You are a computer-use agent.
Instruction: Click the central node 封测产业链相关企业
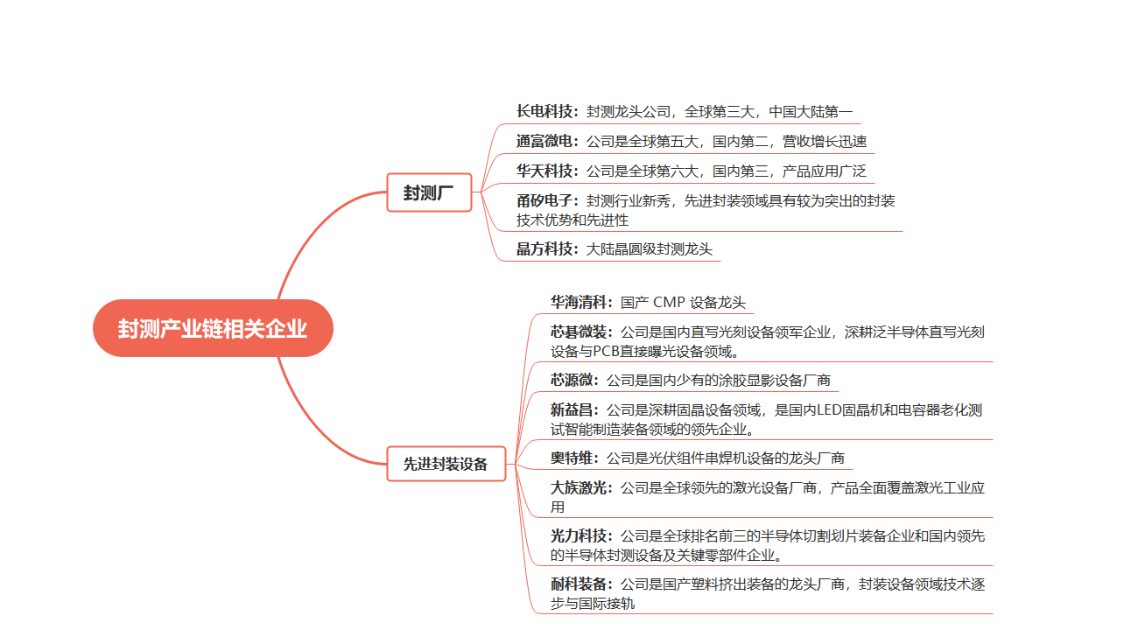[x=213, y=328]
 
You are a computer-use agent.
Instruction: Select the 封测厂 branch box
[x=429, y=192]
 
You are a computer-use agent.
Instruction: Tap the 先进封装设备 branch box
[x=446, y=464]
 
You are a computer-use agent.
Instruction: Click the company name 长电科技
[x=544, y=111]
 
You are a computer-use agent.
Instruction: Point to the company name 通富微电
[x=544, y=141]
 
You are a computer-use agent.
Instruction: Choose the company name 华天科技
[x=544, y=171]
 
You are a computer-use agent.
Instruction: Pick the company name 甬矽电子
[x=544, y=201]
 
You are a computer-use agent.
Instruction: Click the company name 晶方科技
[x=544, y=248]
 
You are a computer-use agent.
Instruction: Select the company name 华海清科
[x=579, y=303]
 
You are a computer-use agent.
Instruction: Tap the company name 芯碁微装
[x=579, y=332]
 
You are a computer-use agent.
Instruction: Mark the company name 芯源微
[x=572, y=380]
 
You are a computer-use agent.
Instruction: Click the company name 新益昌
[x=572, y=409]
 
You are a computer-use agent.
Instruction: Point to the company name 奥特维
[x=572, y=458]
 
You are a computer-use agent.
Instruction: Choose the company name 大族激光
[x=579, y=488]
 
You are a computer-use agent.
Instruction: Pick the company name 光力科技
[x=579, y=535]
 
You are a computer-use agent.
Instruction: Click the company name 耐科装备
[x=579, y=584]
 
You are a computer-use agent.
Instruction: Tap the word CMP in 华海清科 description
[x=669, y=303]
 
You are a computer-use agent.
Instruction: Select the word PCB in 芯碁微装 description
[x=606, y=352]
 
